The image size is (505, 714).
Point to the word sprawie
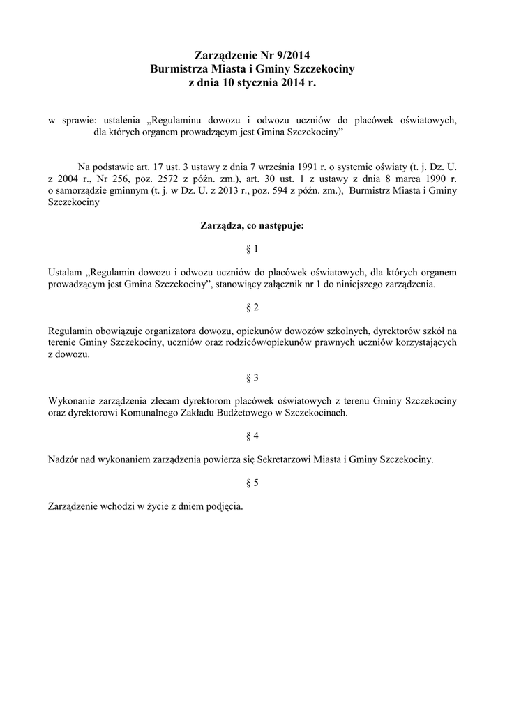click(x=77, y=120)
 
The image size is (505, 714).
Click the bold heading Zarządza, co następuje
click(x=252, y=226)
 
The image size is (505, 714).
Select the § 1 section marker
click(x=252, y=249)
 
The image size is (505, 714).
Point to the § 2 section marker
click(x=252, y=307)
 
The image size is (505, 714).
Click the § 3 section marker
click(x=252, y=378)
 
